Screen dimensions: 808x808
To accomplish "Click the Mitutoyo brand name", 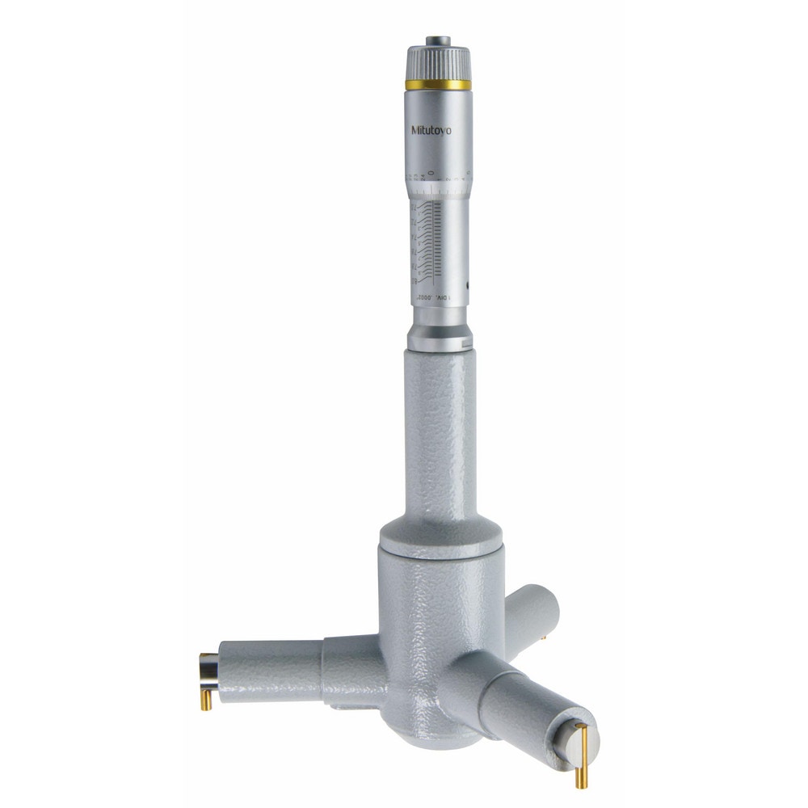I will pyautogui.click(x=431, y=130).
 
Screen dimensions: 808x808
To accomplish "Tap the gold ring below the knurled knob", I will pyautogui.click(x=437, y=84).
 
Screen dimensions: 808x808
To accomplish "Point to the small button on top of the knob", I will pyautogui.click(x=438, y=39).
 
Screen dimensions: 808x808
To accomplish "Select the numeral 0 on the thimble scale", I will pyautogui.click(x=432, y=172).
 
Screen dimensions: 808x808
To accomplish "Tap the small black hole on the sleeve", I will pyautogui.click(x=467, y=284).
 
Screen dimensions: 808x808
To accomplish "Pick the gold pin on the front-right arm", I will pyautogui.click(x=581, y=755).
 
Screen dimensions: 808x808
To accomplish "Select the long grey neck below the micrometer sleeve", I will pyautogui.click(x=440, y=436).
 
